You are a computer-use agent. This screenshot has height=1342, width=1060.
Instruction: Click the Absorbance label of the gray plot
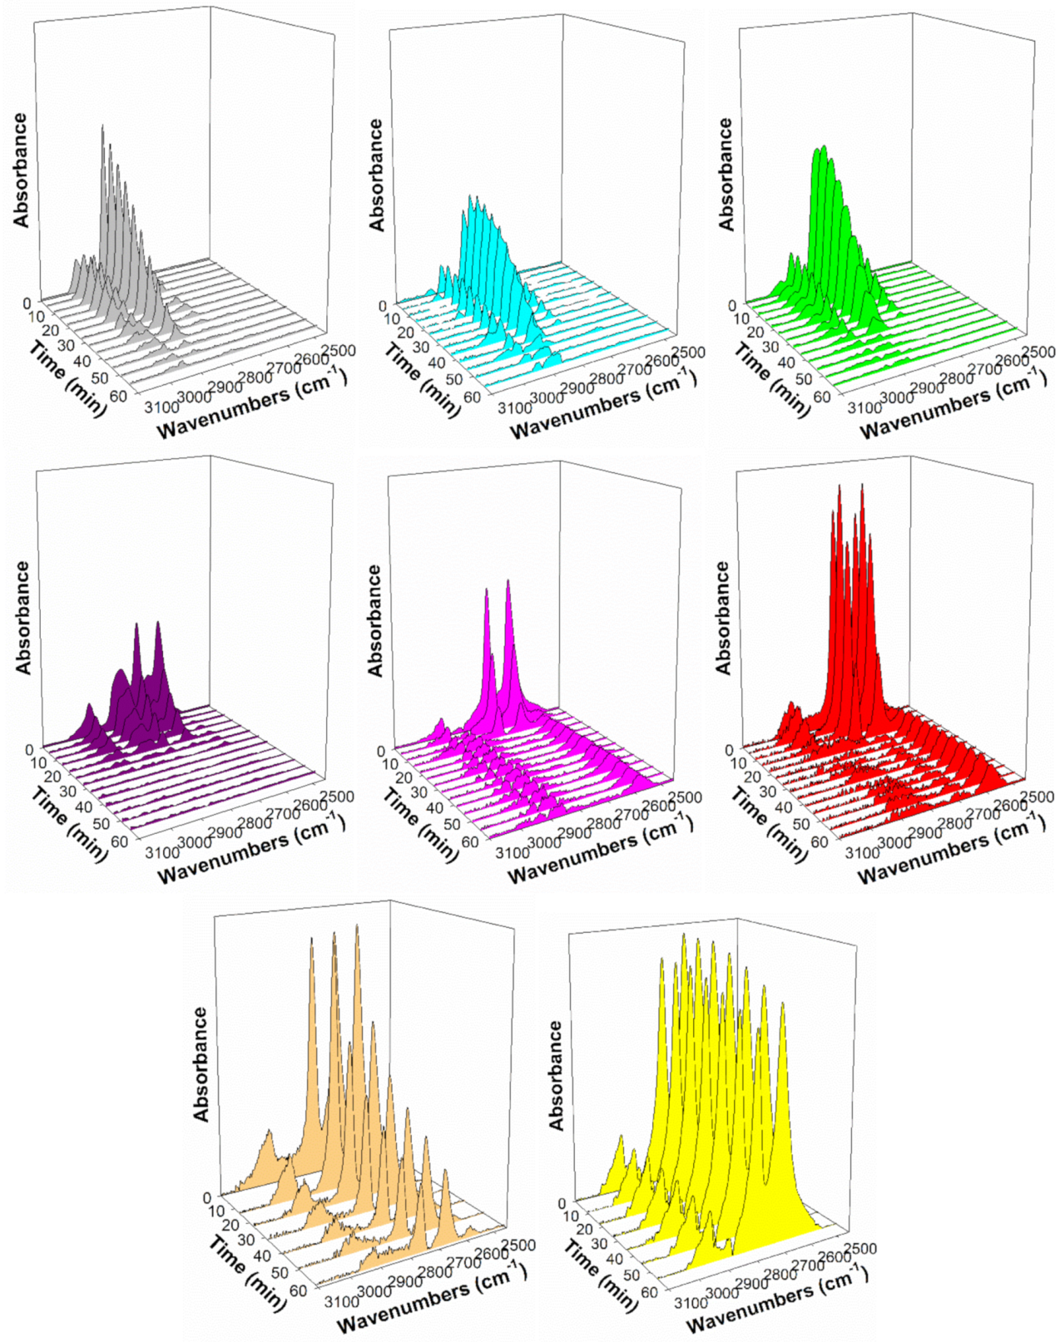21,170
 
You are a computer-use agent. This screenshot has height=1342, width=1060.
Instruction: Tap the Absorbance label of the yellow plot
557,1074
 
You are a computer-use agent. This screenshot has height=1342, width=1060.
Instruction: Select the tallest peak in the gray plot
102,127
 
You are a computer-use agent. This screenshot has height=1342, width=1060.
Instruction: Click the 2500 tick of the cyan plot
688,353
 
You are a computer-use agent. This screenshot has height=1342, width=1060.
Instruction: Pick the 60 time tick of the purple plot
120,841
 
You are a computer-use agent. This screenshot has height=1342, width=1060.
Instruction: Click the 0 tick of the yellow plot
562,1203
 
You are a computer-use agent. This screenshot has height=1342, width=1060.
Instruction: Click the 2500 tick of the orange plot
518,1245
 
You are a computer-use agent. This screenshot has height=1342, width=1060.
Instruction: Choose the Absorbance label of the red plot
723,617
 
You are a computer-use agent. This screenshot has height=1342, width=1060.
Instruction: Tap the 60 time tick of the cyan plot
472,397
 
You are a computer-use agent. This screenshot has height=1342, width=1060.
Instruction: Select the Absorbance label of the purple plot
22,617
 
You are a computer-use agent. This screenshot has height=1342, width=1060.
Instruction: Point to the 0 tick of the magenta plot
381,751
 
